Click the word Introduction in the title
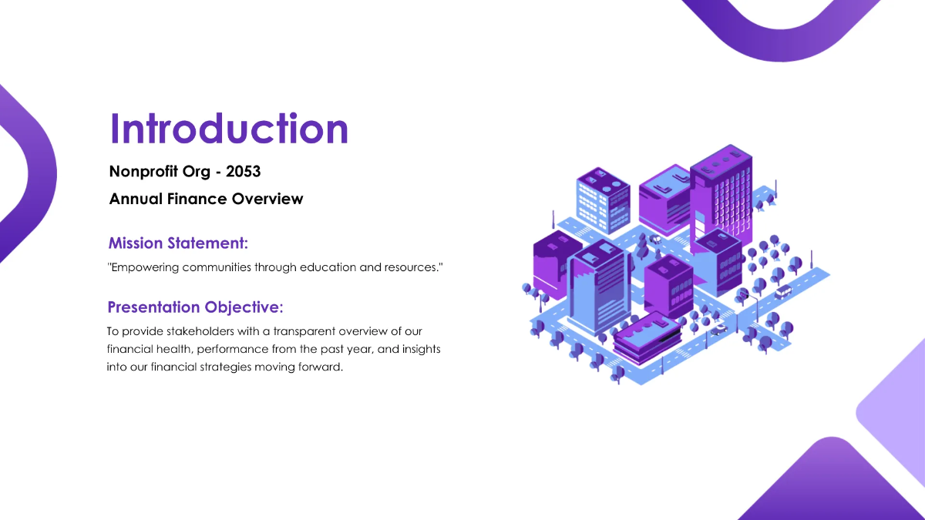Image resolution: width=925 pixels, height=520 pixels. point(229,129)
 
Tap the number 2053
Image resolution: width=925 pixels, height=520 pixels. point(243,171)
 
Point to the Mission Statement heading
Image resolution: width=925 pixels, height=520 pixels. point(178,243)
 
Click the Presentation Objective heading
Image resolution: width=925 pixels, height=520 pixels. point(195,307)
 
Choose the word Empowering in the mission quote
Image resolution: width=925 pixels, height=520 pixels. point(145,267)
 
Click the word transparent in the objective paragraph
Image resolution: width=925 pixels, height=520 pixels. point(307,331)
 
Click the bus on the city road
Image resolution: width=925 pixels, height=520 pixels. point(782,291)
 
